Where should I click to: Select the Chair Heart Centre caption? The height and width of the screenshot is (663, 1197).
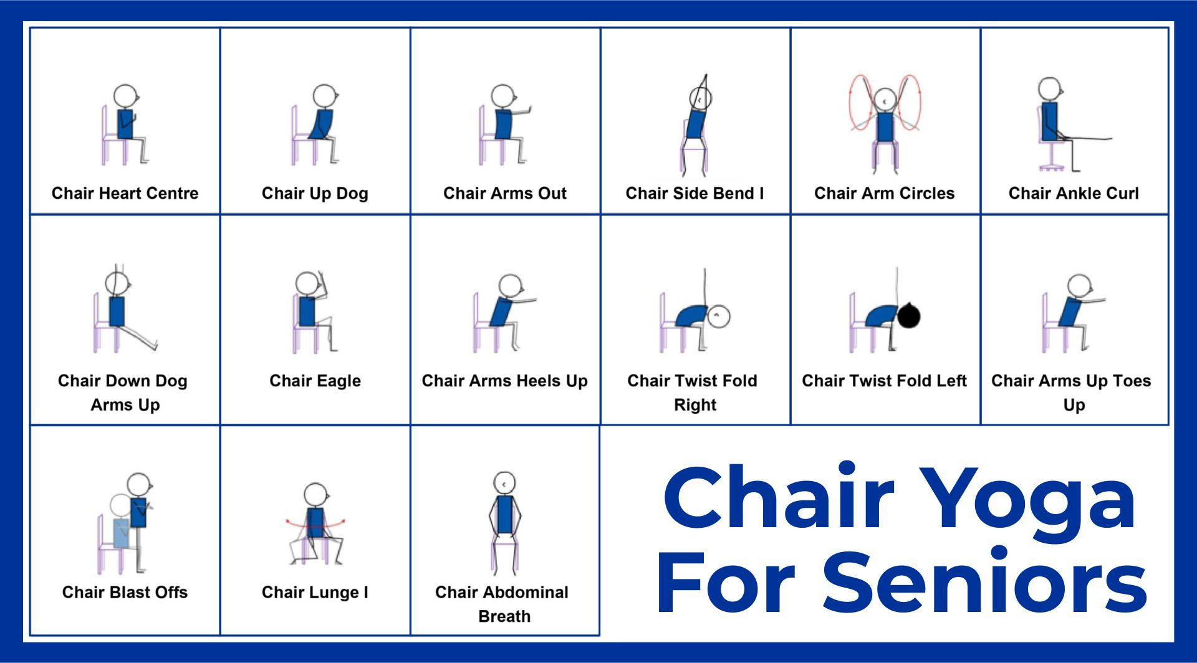125,193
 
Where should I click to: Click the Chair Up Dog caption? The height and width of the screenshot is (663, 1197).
315,193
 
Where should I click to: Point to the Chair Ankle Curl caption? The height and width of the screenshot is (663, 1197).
1074,193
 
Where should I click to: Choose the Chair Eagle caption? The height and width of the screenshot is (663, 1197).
315,381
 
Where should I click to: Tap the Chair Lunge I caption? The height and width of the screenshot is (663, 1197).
315,592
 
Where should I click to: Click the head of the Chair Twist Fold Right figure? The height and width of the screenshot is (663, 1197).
719,316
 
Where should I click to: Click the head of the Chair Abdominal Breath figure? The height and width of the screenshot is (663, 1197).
504,483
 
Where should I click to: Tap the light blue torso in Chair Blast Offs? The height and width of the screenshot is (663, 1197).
121,533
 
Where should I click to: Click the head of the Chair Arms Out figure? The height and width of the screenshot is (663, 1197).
502,96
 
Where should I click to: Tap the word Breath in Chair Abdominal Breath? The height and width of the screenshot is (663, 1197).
504,616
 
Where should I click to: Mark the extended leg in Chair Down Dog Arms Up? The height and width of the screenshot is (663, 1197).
140,336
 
